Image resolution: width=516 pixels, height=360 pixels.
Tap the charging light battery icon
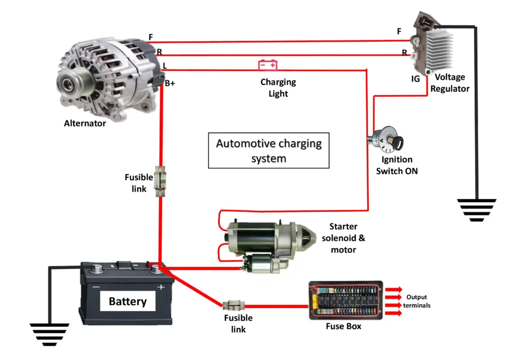tap(268, 65)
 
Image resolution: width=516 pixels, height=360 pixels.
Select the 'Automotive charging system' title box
tap(269, 150)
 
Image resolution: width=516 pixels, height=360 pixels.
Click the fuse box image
tap(346, 301)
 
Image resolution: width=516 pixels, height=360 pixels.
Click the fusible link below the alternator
tap(160, 181)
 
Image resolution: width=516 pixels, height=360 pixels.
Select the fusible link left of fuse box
tap(234, 305)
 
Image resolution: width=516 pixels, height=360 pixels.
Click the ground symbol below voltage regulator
tap(476, 210)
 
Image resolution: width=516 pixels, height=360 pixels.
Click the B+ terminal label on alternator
tap(170, 84)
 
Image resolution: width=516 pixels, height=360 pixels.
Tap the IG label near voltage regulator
tap(416, 79)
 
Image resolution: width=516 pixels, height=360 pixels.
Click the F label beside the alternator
tap(151, 37)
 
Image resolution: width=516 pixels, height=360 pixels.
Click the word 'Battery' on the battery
tap(127, 302)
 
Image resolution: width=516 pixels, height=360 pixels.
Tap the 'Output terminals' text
tap(417, 301)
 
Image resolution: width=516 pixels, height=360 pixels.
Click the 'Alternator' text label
tap(85, 123)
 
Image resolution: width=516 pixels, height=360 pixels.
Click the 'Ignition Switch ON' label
tap(397, 165)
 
